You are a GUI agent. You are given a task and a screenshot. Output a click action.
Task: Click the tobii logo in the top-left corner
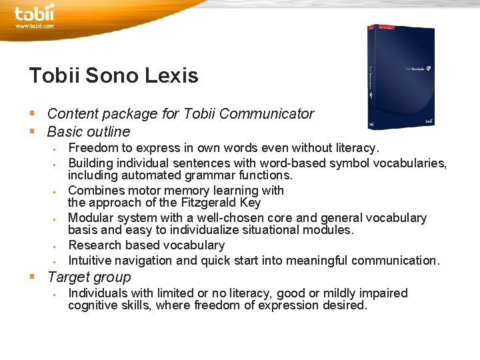[x=34, y=13]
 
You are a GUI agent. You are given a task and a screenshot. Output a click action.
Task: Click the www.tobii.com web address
[x=35, y=26]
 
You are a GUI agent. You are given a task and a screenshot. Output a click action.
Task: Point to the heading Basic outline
[x=89, y=131]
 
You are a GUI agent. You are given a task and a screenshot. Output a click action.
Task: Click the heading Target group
[x=89, y=277]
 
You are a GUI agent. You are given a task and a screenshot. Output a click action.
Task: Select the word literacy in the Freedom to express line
[x=353, y=147]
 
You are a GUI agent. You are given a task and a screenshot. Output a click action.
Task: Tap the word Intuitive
[x=91, y=260]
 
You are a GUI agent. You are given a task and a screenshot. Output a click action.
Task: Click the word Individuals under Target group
[x=97, y=293]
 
